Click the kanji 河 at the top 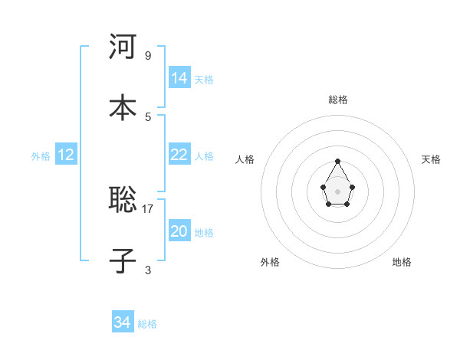[x=123, y=47]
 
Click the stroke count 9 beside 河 [x=148, y=55]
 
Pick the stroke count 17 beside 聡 [x=148, y=208]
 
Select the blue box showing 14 [x=179, y=78]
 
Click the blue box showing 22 [x=179, y=155]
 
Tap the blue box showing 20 [x=179, y=231]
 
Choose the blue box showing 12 [x=66, y=155]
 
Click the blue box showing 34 [x=123, y=322]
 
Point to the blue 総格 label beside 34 [x=147, y=324]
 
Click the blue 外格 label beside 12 [x=41, y=156]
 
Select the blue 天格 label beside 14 [x=204, y=80]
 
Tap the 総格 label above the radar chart [x=338, y=100]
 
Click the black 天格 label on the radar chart [x=431, y=159]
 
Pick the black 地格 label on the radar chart [x=402, y=262]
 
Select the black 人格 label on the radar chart [x=245, y=159]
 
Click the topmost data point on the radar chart [x=338, y=161]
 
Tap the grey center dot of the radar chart [x=338, y=190]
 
